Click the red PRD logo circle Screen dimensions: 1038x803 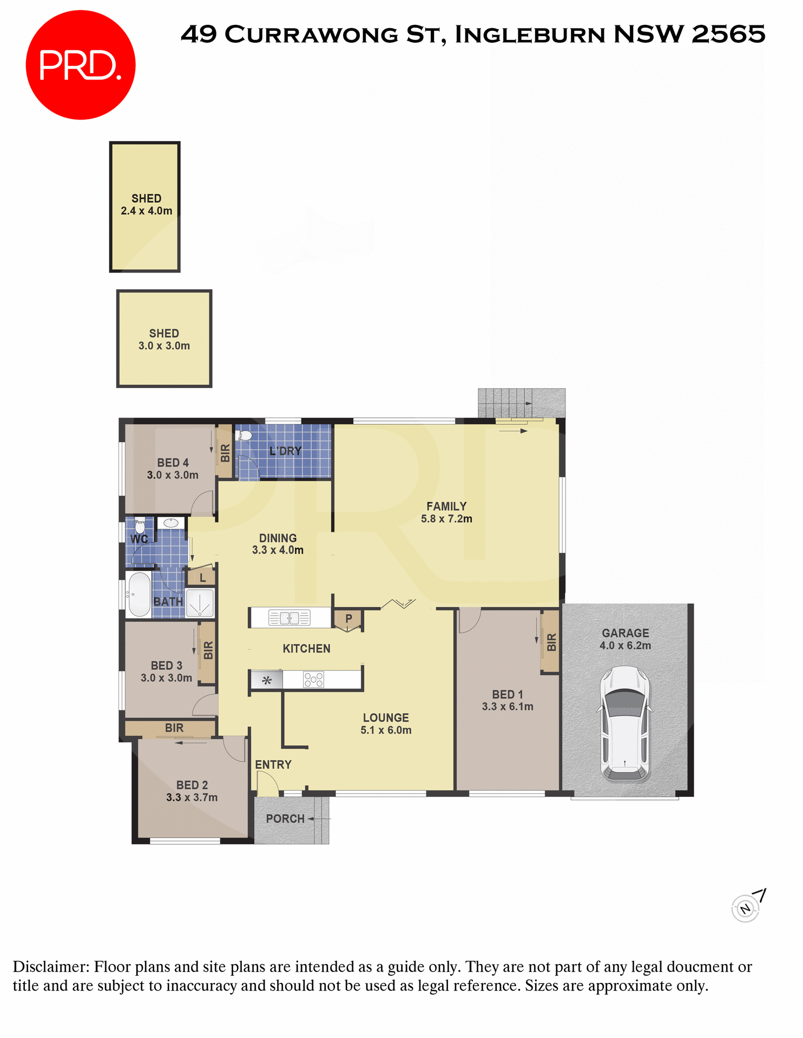pos(81,65)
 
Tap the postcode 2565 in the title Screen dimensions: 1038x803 pos(728,34)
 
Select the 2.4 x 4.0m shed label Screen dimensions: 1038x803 pos(146,205)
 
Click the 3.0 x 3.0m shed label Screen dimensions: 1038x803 pos(164,340)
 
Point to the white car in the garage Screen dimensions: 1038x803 pos(625,724)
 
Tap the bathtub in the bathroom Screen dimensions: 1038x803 pos(139,595)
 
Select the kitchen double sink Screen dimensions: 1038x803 pos(289,617)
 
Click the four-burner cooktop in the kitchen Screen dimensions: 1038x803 pos(314,680)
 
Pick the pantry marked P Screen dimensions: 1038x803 pos(348,620)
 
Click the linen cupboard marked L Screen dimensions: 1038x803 pos(202,577)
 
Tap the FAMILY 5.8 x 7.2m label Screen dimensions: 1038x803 pos(446,513)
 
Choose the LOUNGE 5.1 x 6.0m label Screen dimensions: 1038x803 pos(386,724)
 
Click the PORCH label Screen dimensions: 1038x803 pos(285,819)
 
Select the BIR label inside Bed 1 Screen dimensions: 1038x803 pos(551,642)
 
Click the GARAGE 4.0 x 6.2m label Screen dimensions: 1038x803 pos(625,639)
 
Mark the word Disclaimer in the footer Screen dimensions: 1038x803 pos(50,967)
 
